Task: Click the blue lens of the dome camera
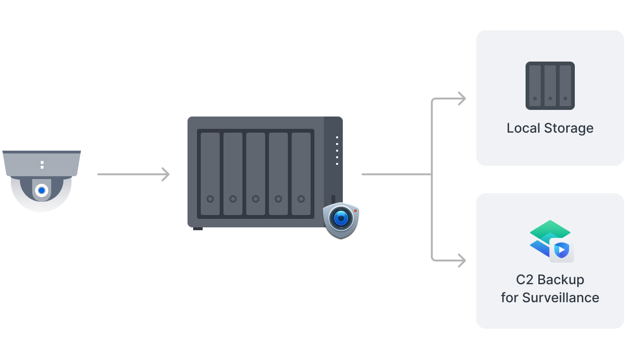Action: click(x=42, y=190)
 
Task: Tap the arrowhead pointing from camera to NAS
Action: click(x=165, y=174)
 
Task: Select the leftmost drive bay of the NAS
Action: click(x=210, y=174)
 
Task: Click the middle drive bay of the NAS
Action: click(x=256, y=174)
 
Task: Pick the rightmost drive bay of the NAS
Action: click(x=301, y=174)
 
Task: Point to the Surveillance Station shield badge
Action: click(x=341, y=219)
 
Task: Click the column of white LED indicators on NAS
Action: click(x=337, y=151)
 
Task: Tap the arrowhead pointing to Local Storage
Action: click(x=461, y=99)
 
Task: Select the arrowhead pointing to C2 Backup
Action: click(x=461, y=260)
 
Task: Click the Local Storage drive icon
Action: click(x=550, y=86)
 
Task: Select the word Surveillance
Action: click(x=561, y=297)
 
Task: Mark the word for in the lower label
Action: click(x=509, y=297)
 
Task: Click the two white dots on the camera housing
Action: click(x=42, y=165)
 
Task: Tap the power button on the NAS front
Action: click(x=333, y=198)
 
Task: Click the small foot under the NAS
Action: click(x=198, y=229)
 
